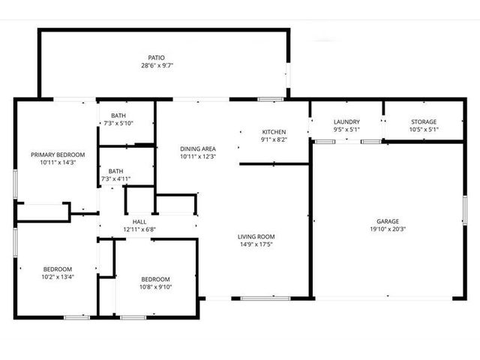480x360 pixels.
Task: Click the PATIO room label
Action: click(x=156, y=58)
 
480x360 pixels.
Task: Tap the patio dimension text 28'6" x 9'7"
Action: click(x=157, y=65)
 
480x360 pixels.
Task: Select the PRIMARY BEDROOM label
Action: click(x=58, y=154)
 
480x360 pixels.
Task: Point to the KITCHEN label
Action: click(x=274, y=132)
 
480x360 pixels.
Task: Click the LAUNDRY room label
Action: click(x=346, y=121)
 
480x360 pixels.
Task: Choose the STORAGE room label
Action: click(x=424, y=121)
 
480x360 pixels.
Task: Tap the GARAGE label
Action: click(x=388, y=221)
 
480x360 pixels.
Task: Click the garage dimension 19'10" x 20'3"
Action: click(x=388, y=229)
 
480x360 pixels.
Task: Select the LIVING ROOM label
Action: click(x=256, y=237)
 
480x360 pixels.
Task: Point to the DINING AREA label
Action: click(x=198, y=148)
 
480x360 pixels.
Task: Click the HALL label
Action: click(x=139, y=222)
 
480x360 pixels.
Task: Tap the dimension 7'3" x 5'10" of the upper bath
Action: click(x=118, y=123)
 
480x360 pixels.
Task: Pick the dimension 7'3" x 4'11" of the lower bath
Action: click(x=115, y=178)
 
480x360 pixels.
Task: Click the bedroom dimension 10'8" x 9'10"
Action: click(x=155, y=286)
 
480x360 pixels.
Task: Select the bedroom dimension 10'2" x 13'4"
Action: click(x=58, y=277)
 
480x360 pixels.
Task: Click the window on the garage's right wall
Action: click(x=465, y=210)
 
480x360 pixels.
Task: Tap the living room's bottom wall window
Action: click(x=265, y=298)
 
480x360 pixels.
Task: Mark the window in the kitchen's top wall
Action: click(x=270, y=99)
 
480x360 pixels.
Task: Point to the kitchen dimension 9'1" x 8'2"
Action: click(x=274, y=139)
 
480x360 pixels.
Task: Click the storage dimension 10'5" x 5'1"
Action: click(x=424, y=129)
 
